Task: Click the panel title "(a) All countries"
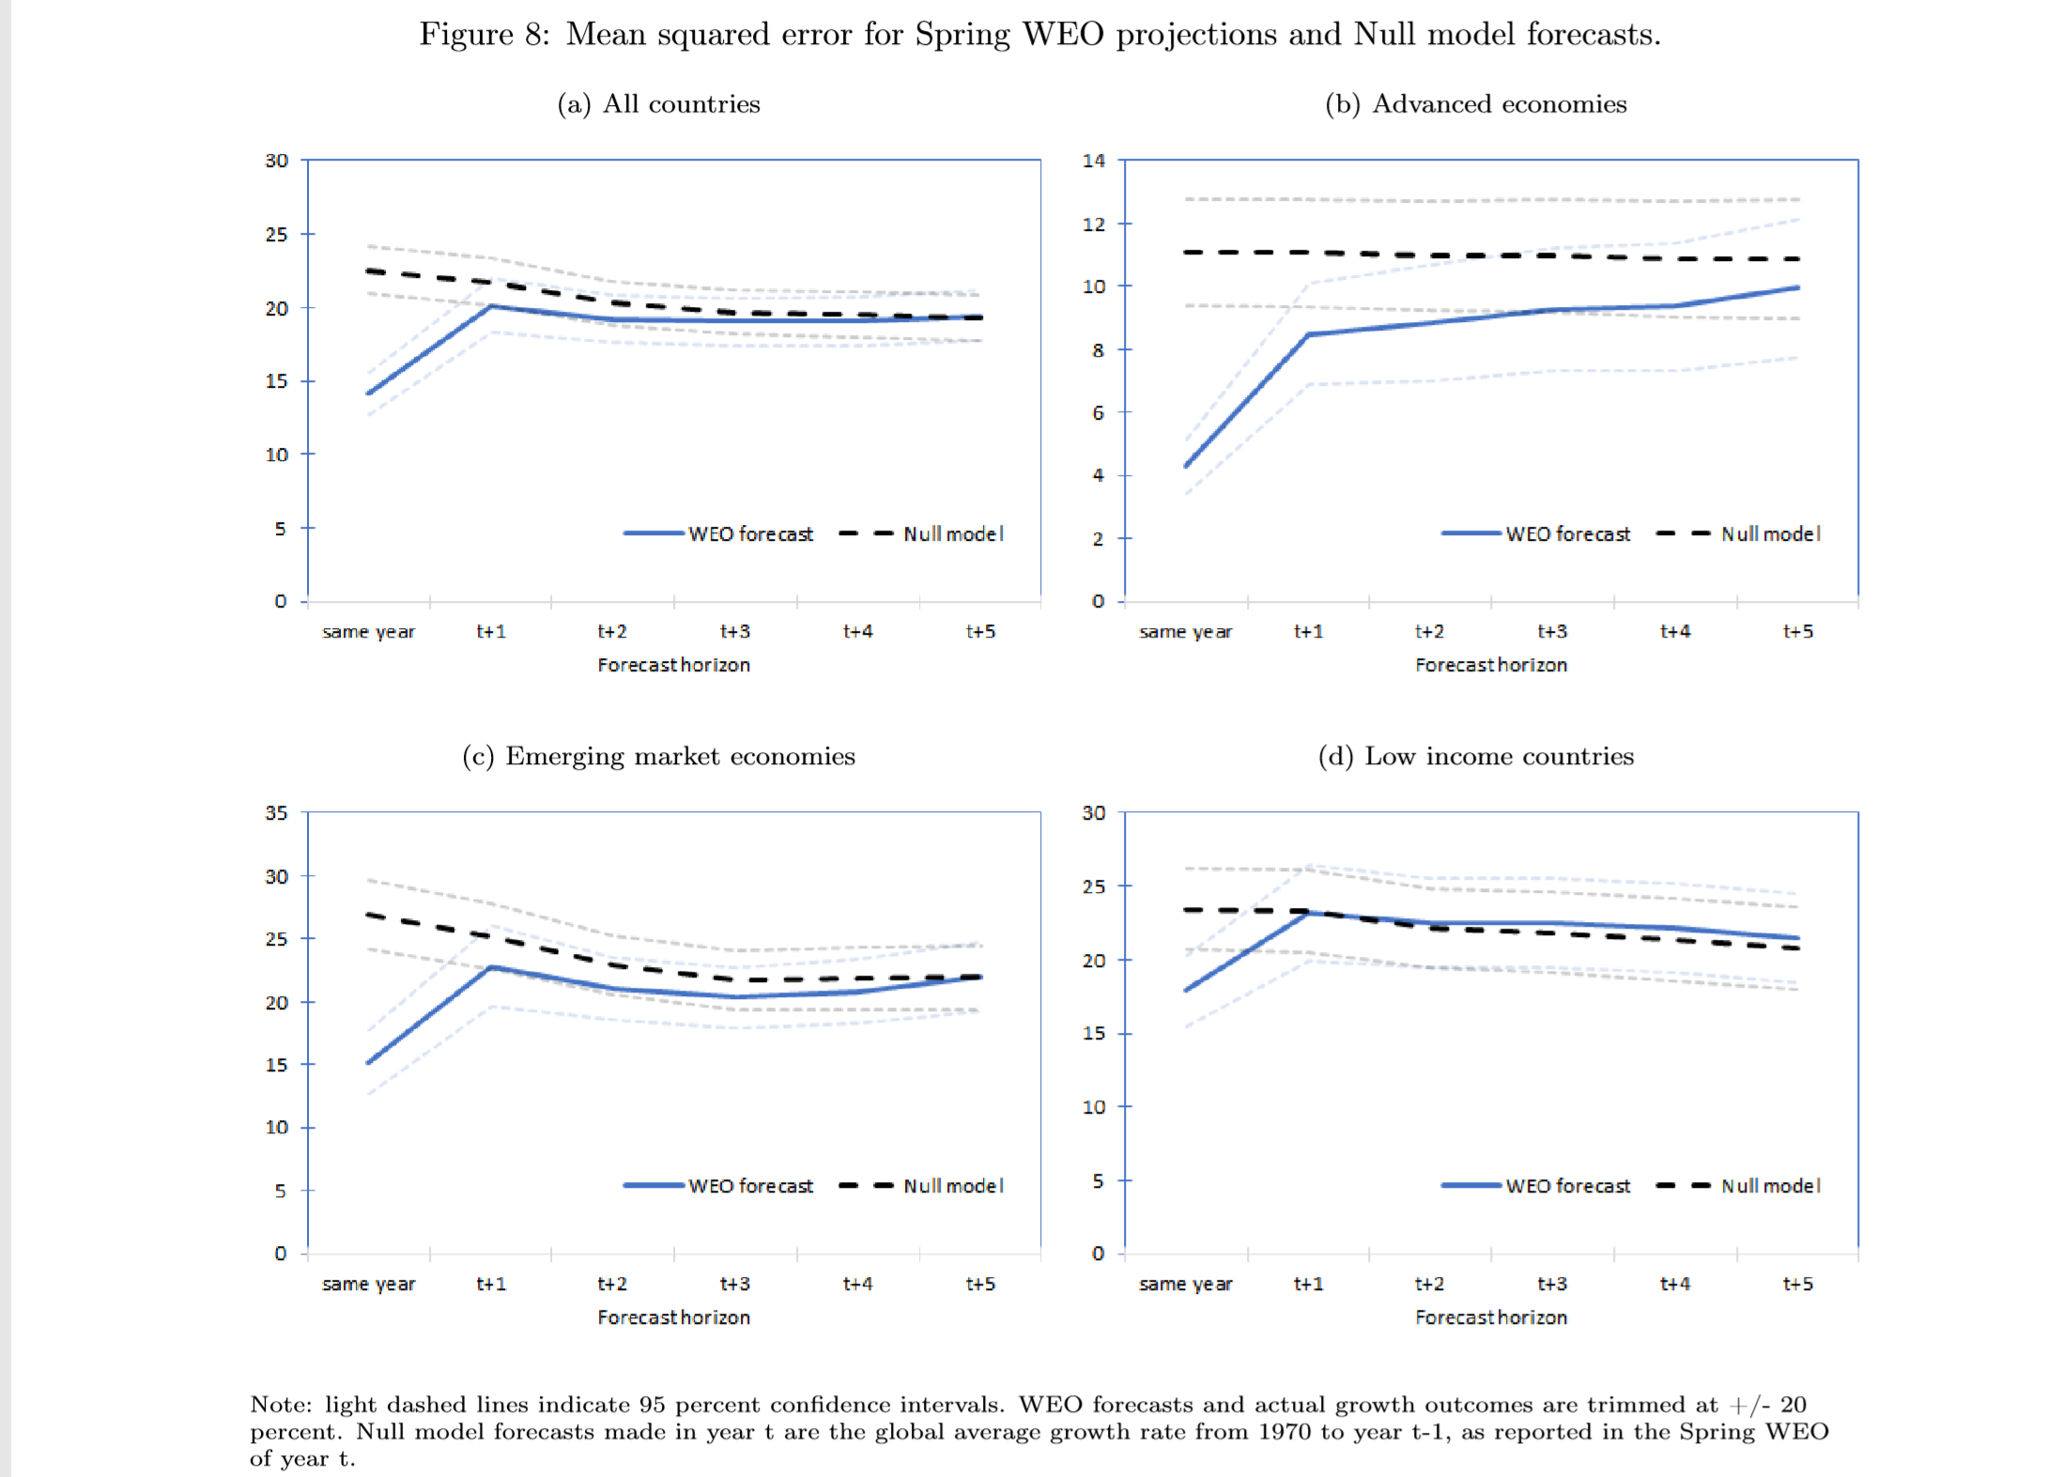[x=658, y=103]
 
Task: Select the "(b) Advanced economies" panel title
[x=1475, y=103]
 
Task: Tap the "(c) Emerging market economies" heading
[x=658, y=756]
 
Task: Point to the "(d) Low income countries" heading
[x=1475, y=756]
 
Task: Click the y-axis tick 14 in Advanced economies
[x=1094, y=161]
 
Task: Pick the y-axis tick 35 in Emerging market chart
[x=276, y=813]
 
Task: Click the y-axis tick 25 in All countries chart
[x=276, y=235]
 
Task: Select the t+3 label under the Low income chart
[x=1552, y=1284]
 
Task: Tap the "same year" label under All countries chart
[x=368, y=632]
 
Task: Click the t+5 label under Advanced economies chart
[x=1797, y=632]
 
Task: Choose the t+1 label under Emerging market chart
[x=491, y=1284]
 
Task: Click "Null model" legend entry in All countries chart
[x=952, y=534]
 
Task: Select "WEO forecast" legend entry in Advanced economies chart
[x=1567, y=534]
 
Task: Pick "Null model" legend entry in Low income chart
[x=1770, y=1186]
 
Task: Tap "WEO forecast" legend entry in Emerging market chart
[x=750, y=1186]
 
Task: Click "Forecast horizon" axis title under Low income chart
[x=1491, y=1317]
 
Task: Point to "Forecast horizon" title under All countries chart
[x=673, y=665]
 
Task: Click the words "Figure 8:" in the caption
[x=484, y=35]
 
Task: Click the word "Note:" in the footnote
[x=281, y=1405]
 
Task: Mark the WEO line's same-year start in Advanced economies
[x=1187, y=466]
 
